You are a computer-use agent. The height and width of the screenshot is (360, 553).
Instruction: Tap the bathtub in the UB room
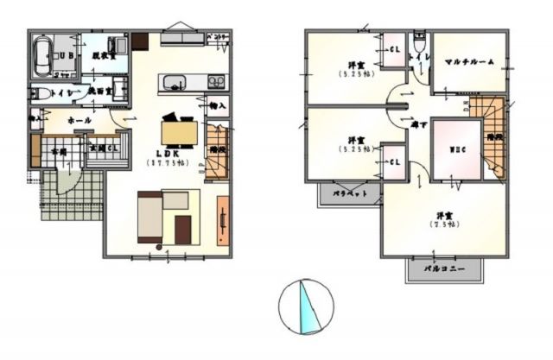pyautogui.click(x=42, y=59)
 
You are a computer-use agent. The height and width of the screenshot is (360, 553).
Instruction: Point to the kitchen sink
pyautogui.click(x=176, y=84)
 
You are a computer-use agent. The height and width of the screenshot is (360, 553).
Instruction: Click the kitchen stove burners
pyautogui.click(x=214, y=83)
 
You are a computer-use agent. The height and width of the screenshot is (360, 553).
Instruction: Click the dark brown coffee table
pyautogui.click(x=182, y=229)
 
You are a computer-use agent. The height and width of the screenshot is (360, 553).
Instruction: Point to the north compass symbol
pyautogui.click(x=305, y=306)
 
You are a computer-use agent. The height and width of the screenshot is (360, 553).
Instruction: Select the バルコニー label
pyautogui.click(x=446, y=269)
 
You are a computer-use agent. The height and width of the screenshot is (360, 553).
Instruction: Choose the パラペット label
pyautogui.click(x=351, y=194)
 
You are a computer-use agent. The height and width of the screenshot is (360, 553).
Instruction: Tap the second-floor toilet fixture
pyautogui.click(x=418, y=41)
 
